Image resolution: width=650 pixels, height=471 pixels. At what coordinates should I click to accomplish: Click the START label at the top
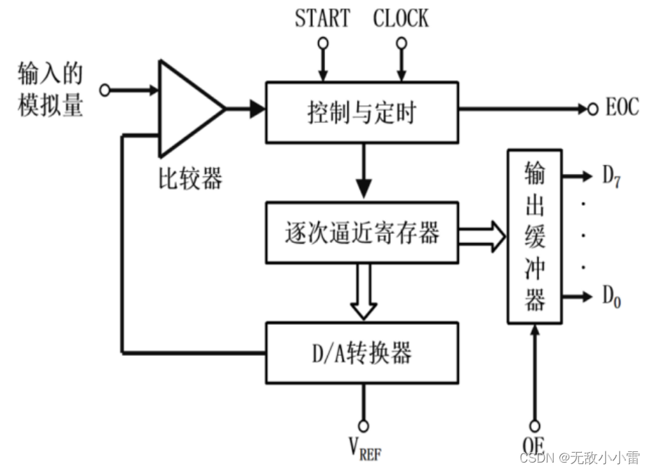coord(322,18)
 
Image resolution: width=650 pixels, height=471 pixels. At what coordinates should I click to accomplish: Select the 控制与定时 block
coord(362,110)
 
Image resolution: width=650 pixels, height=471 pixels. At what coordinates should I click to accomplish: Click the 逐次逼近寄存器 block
coord(362,232)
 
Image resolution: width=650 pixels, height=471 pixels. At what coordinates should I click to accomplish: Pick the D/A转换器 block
coord(362,352)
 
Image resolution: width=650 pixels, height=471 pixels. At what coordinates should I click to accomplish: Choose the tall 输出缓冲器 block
coord(535,236)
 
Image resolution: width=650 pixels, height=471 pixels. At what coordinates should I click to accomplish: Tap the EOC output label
coord(621,108)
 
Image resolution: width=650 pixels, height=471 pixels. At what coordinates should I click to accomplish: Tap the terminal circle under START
coord(322,43)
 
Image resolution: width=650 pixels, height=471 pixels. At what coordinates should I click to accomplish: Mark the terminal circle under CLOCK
coord(402,43)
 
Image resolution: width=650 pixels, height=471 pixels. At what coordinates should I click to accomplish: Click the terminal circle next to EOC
coord(592,109)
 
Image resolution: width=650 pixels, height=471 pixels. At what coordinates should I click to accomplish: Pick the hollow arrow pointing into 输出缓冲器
coord(483,235)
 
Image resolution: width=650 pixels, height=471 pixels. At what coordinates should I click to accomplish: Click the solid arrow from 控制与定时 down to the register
coord(363,175)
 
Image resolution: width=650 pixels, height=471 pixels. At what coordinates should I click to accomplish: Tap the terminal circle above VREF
coord(363,425)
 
